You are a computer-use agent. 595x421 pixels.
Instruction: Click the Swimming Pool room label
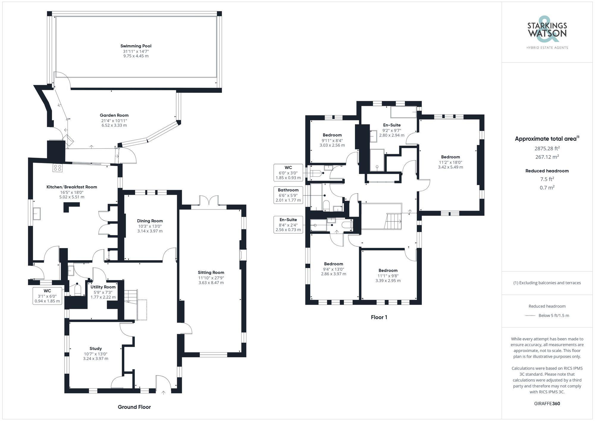click(x=136, y=46)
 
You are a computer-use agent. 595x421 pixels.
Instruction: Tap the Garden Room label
click(x=114, y=115)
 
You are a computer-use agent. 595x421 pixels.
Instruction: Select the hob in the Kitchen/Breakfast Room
click(x=58, y=168)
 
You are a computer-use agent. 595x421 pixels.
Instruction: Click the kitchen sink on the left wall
click(x=37, y=214)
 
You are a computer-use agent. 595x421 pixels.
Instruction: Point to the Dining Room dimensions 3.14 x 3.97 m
click(x=150, y=231)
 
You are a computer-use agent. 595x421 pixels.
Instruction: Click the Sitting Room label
click(x=211, y=273)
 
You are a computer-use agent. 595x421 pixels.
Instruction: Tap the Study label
click(x=95, y=348)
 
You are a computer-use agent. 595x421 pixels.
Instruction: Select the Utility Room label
click(x=103, y=287)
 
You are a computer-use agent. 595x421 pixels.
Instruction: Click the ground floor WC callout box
click(x=47, y=295)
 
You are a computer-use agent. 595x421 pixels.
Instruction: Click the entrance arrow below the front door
click(x=163, y=393)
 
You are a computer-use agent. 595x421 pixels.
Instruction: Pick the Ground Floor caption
click(x=134, y=407)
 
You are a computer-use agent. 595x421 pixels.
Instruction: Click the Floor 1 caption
click(x=379, y=317)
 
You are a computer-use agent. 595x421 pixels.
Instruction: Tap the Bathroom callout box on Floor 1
click(x=288, y=195)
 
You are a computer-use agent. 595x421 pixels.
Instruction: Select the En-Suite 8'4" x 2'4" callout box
click(x=288, y=225)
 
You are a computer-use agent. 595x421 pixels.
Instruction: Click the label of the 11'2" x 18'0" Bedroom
click(x=450, y=157)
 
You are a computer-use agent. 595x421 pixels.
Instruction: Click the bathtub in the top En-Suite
click(x=404, y=112)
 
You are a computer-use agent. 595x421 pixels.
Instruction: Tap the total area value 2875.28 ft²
click(x=547, y=148)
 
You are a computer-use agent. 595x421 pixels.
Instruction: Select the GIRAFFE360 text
click(x=547, y=404)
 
